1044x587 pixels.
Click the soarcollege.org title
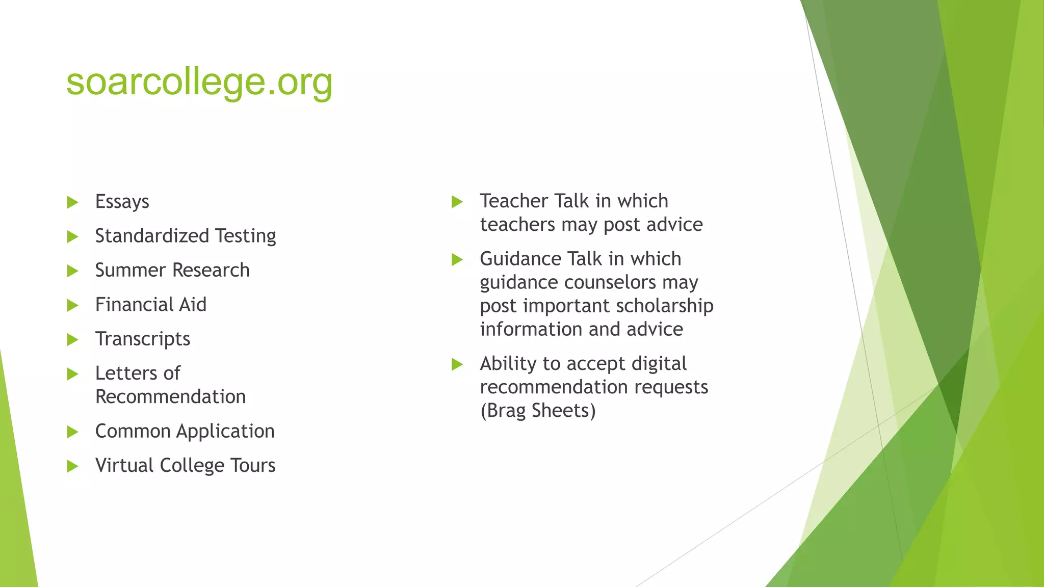[x=199, y=83]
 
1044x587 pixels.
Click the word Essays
[x=122, y=202]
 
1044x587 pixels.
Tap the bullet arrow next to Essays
[x=73, y=202]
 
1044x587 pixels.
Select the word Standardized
[x=152, y=236]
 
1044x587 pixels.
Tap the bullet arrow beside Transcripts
[x=73, y=340]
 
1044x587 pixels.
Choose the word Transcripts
[x=143, y=339]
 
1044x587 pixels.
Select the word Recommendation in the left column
[x=170, y=397]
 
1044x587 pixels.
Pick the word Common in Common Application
[x=133, y=432]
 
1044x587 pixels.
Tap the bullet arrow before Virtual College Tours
[x=73, y=466]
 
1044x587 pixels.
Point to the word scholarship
[x=664, y=306]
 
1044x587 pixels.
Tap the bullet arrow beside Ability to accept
[x=457, y=364]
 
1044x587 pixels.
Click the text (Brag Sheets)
[x=538, y=411]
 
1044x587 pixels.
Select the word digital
[x=659, y=364]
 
